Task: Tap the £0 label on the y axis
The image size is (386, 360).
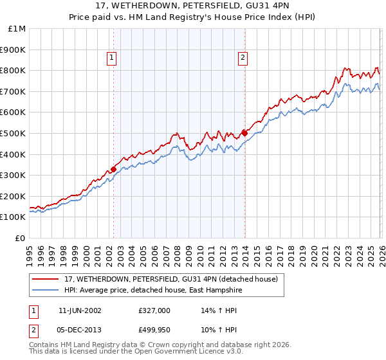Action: point(20,238)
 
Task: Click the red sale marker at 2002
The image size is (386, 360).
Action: point(114,170)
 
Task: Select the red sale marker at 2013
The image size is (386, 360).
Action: point(245,133)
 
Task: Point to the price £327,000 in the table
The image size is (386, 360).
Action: point(154,310)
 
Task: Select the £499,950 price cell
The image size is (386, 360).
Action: point(154,330)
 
